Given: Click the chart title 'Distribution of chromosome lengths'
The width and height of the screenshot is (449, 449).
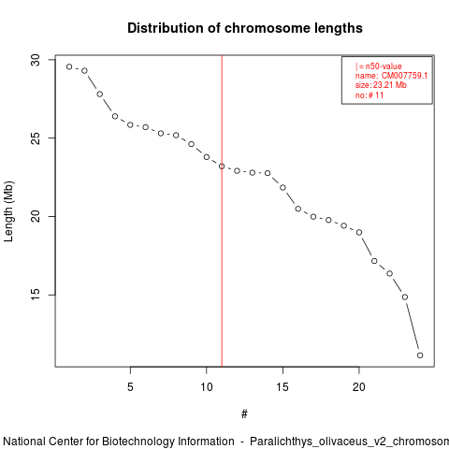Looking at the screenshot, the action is (245, 28).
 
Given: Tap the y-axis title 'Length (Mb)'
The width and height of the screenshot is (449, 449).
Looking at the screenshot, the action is (8, 211).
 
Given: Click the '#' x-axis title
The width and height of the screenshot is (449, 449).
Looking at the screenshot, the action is (244, 414).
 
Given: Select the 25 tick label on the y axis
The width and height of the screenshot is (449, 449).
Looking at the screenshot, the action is (36, 138).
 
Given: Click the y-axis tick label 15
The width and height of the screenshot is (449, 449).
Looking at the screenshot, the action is (36, 295).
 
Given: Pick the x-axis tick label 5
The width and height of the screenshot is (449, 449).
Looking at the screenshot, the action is (130, 387).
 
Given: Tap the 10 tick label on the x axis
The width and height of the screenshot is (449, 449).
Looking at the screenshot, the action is (207, 387).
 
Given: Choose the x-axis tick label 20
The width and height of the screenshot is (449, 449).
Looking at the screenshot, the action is (359, 387).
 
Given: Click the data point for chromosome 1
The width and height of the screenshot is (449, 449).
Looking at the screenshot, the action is (69, 66).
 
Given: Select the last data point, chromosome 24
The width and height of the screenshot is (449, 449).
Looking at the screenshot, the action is (420, 355).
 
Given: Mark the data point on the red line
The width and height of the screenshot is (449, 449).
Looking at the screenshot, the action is (222, 167).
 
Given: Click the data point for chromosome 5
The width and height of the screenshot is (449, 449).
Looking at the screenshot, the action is (130, 125).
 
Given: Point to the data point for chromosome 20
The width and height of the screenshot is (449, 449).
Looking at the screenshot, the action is (359, 232).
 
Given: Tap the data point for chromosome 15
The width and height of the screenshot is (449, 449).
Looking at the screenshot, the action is (282, 187).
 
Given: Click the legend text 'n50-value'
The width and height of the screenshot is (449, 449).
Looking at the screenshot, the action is (384, 66).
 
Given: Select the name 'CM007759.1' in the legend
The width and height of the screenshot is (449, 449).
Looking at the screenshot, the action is (404, 76).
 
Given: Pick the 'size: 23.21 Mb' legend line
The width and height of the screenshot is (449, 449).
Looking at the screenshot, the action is (381, 85).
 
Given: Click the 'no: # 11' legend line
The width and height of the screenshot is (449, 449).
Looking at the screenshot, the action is (369, 95).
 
